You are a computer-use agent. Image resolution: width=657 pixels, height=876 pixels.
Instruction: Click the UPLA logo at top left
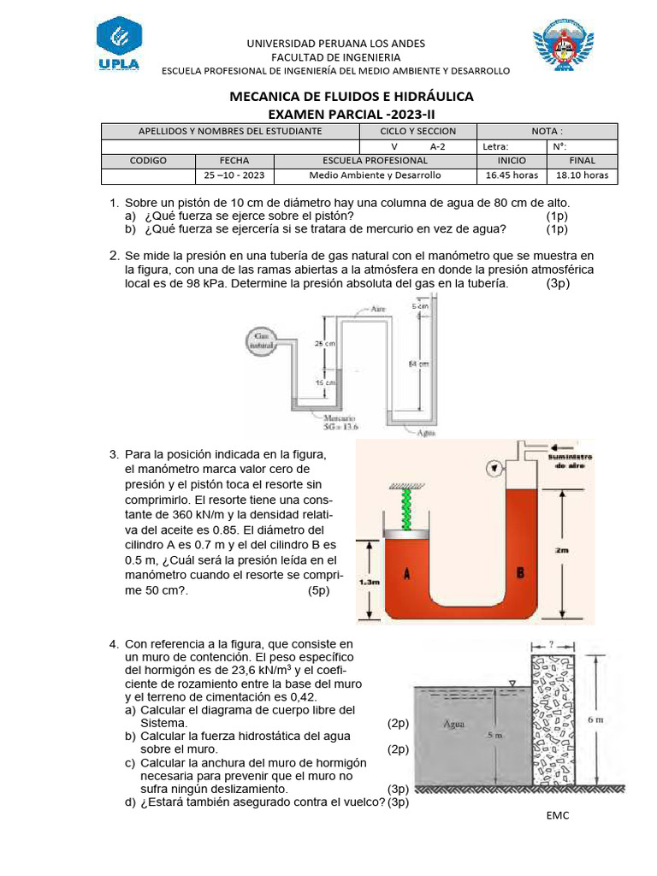pyautogui.click(x=119, y=47)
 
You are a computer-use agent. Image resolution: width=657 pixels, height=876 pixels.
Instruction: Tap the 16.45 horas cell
pyautogui.click(x=511, y=175)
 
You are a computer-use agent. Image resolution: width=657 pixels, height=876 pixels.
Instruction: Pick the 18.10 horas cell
pyautogui.click(x=582, y=175)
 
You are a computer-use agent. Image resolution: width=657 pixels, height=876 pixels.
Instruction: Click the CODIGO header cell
pyautogui.click(x=148, y=160)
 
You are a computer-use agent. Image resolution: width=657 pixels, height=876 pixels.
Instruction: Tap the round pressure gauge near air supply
pyautogui.click(x=494, y=467)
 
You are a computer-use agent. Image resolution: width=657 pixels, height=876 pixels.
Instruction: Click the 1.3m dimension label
pyautogui.click(x=370, y=582)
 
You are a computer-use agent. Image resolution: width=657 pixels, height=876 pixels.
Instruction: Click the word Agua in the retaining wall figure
pyautogui.click(x=453, y=724)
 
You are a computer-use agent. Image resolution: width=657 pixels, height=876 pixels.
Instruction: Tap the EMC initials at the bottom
pyautogui.click(x=558, y=814)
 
